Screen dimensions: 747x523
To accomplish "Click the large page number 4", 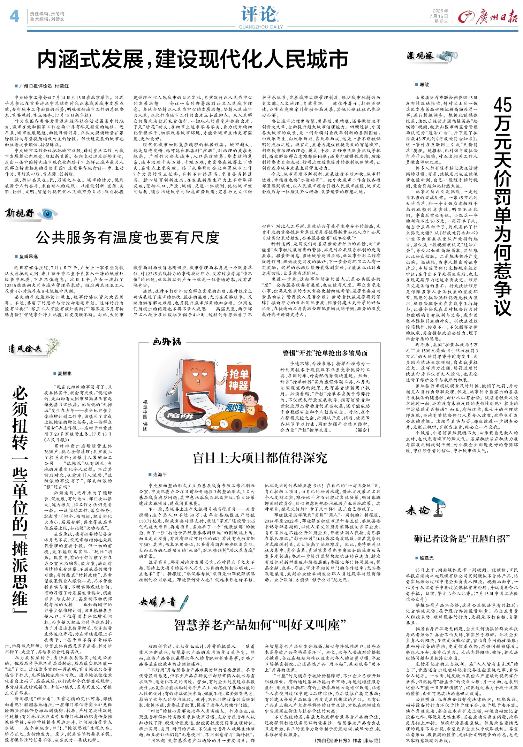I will pyautogui.click(x=14, y=16).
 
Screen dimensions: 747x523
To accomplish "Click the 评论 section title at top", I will pyautogui.click(x=258, y=14).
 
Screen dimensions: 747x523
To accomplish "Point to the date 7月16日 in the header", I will pyautogui.click(x=439, y=16).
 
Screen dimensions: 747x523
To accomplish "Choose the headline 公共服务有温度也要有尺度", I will pyautogui.click(x=128, y=238).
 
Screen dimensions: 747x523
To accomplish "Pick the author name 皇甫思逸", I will pyautogui.click(x=29, y=257).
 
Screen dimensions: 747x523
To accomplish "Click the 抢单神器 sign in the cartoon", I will pyautogui.click(x=238, y=380).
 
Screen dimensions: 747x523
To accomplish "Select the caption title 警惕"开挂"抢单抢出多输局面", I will pyautogui.click(x=325, y=353).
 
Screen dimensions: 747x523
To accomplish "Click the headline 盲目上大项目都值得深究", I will pyautogui.click(x=260, y=458).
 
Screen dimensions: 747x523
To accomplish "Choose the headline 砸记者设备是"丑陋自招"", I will pyautogui.click(x=462, y=539).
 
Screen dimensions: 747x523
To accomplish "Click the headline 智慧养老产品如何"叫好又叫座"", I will pyautogui.click(x=260, y=625).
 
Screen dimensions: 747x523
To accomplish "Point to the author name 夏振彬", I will pyautogui.click(x=65, y=373).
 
